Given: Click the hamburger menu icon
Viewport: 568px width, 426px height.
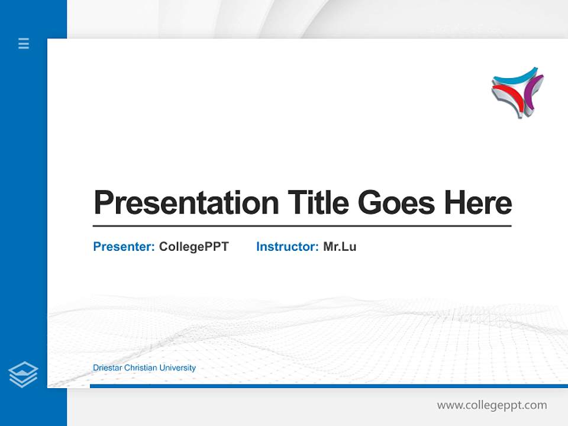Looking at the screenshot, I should [x=24, y=43].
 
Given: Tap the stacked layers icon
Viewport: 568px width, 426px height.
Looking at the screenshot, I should [x=23, y=375].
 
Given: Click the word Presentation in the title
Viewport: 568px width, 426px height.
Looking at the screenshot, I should [x=186, y=203].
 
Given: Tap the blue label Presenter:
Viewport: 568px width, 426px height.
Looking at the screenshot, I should [x=124, y=247].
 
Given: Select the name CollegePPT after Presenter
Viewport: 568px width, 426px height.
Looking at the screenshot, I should [x=193, y=247].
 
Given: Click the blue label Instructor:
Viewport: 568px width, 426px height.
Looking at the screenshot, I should [x=287, y=247].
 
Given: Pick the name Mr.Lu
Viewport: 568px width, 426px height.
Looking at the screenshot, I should [x=340, y=247].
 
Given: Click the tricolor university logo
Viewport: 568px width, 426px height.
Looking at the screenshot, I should [x=517, y=92].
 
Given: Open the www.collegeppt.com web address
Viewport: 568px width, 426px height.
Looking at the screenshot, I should [x=492, y=405].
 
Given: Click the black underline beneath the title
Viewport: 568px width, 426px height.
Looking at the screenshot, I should [x=302, y=225].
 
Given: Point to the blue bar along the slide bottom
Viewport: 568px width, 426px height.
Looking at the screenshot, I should [x=325, y=386].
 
